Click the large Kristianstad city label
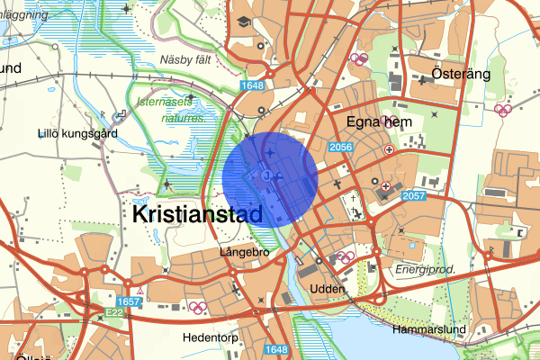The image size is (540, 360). (197, 214)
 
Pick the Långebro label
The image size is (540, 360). (244, 253)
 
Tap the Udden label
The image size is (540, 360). (327, 288)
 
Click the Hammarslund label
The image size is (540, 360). (428, 330)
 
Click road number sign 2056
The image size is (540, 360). (340, 148)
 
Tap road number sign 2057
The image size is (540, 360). (415, 195)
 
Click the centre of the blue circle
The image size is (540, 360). (270, 178)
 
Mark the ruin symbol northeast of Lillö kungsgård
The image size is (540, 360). (121, 116)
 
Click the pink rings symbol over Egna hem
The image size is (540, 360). (389, 120)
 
